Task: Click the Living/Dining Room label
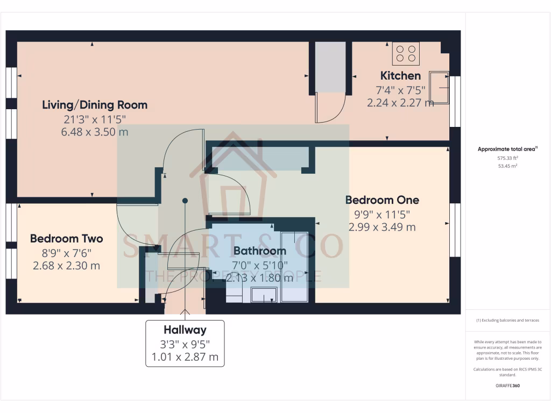(x=95, y=105)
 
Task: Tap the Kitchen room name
(x=400, y=75)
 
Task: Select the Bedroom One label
(x=382, y=200)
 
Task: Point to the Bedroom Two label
(x=66, y=238)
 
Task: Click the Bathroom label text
(x=259, y=251)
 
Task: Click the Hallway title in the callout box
(x=185, y=330)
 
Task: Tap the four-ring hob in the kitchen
(x=405, y=53)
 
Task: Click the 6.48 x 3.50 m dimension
(x=95, y=132)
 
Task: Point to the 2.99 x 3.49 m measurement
(x=382, y=227)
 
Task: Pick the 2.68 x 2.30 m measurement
(x=66, y=266)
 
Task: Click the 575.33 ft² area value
(x=508, y=159)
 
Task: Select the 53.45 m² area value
(x=508, y=167)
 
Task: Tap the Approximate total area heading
(x=507, y=149)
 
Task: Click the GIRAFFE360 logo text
(x=508, y=386)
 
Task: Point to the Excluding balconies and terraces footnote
(x=507, y=321)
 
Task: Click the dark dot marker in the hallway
(x=185, y=201)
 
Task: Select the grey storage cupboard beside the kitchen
(x=329, y=67)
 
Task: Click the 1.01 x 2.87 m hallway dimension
(x=185, y=357)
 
